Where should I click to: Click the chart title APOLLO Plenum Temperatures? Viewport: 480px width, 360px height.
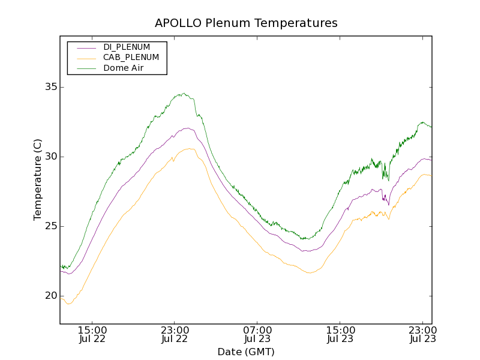(246, 23)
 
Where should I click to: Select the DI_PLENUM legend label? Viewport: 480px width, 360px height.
(127, 47)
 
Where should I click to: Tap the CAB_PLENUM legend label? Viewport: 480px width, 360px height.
(131, 58)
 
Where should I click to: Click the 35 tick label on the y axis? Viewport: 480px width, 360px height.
(50, 87)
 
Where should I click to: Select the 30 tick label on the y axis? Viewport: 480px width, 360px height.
(50, 157)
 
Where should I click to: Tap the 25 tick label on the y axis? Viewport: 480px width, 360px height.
(50, 226)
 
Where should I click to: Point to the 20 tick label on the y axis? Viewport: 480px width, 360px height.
(50, 296)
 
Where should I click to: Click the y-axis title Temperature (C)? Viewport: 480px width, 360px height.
(38, 179)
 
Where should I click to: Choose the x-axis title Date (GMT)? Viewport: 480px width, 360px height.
(246, 352)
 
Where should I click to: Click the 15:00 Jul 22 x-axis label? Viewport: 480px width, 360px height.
(92, 334)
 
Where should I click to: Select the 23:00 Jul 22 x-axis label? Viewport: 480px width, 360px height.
(175, 334)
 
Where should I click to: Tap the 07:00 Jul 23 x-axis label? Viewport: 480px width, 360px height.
(257, 334)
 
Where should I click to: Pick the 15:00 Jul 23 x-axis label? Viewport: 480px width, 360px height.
(340, 334)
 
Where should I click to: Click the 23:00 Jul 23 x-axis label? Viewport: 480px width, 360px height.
(422, 334)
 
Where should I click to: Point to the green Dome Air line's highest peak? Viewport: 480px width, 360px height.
(184, 93)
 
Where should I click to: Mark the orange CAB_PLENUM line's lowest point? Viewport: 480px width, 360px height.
(68, 304)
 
